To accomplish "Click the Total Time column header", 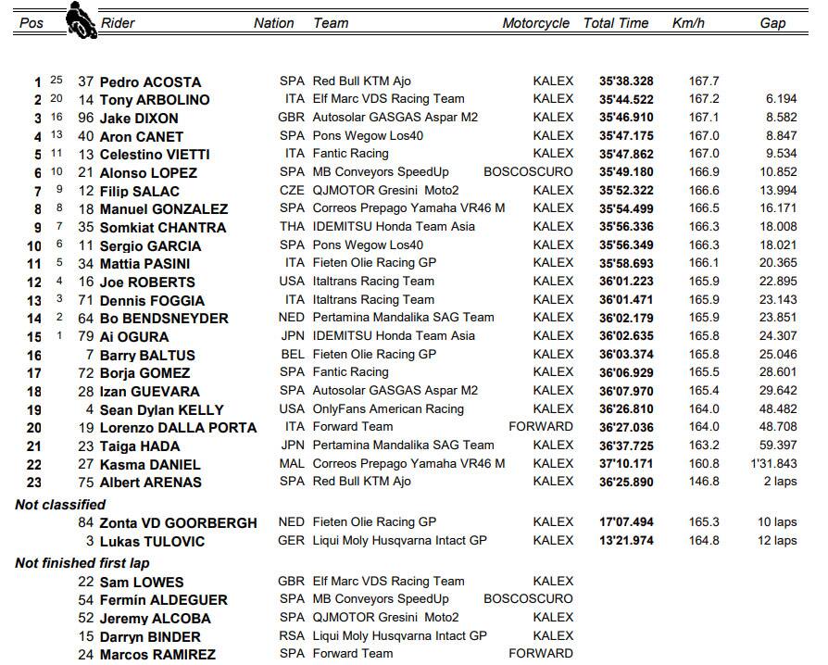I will tap(616, 23).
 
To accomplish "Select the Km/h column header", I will tap(688, 23).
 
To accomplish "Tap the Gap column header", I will tap(772, 23).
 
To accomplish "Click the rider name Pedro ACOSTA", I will tap(150, 82).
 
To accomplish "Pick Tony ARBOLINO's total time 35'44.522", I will tap(626, 99).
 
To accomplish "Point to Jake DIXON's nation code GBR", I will tap(291, 118).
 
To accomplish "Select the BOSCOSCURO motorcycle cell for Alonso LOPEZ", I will tap(528, 172).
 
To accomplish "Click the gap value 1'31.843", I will tap(772, 463).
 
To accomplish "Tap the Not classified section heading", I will tap(60, 505).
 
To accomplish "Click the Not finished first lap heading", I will tap(82, 563).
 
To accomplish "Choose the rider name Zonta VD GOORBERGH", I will tap(180, 523).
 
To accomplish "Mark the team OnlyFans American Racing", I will tap(388, 408).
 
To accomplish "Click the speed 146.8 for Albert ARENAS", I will tap(704, 482).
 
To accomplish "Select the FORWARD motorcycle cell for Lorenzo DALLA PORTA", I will tap(541, 427).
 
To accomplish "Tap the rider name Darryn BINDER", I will tap(150, 636).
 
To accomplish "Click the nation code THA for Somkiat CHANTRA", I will tap(291, 227).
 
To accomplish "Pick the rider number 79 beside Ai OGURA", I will tap(85, 336).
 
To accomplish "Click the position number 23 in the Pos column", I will tap(34, 482).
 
